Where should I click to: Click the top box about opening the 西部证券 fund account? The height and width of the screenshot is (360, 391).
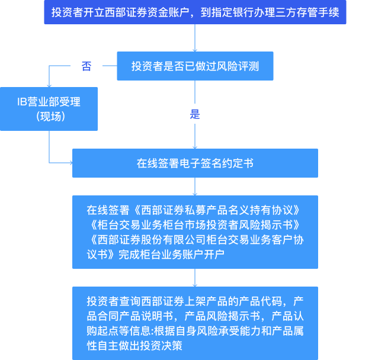tap(195, 12)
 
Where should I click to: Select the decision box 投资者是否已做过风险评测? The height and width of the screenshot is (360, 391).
tap(195, 66)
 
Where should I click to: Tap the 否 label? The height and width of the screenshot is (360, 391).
tap(86, 66)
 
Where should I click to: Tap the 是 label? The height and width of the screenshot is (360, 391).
tap(195, 114)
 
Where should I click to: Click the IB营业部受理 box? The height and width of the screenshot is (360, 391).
tap(49, 109)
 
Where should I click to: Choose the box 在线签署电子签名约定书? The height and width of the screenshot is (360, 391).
tap(195, 163)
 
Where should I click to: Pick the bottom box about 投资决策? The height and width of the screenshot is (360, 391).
tap(195, 323)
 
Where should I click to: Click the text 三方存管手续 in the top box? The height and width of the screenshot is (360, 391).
tap(310, 12)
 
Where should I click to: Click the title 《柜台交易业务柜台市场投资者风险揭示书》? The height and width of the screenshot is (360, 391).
tap(195, 225)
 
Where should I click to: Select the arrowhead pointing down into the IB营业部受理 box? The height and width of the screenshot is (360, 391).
tap(49, 85)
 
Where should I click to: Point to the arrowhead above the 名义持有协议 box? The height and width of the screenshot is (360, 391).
tap(195, 192)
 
